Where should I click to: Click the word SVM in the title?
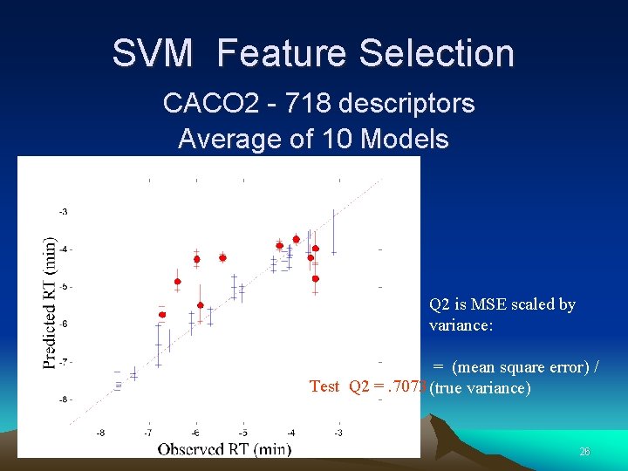coord(152,53)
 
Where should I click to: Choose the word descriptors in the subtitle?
coord(406,104)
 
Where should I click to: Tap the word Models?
coord(404,139)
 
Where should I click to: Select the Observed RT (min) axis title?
coord(224,448)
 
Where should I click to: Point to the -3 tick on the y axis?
coord(64,212)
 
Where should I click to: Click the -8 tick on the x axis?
coord(101,433)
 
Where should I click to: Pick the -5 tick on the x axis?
coord(243,433)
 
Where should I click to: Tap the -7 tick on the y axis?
coord(64,361)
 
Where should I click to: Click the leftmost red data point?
coord(162,314)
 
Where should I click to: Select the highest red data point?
coord(297,239)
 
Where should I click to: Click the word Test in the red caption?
coord(324,386)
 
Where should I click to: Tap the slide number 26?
coord(584,451)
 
